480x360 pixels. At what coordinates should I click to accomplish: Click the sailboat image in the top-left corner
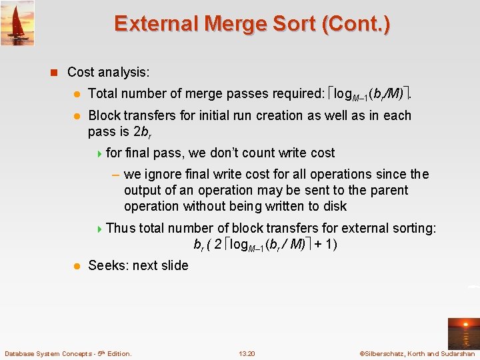coord(17,23)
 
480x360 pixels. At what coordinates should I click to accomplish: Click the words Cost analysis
coord(109,72)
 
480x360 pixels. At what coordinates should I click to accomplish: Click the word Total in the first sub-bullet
coord(103,94)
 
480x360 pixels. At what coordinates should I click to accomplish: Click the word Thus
coord(121,228)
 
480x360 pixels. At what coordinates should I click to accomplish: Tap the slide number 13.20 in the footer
coord(247,353)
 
